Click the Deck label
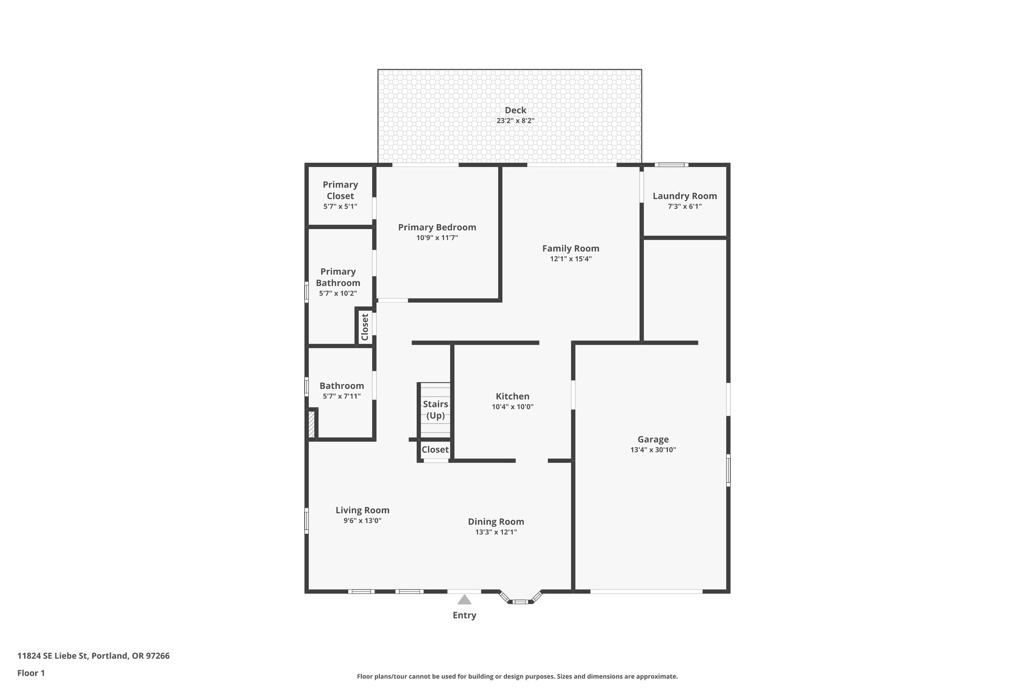tap(515, 110)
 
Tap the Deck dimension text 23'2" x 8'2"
tap(515, 121)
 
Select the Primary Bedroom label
tap(437, 227)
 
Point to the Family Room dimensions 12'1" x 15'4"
tap(571, 259)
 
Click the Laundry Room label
tap(684, 196)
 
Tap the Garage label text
tap(653, 440)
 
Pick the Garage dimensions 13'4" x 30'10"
tap(653, 450)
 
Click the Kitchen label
tap(512, 396)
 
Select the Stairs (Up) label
tap(436, 410)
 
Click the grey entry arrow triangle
tap(464, 600)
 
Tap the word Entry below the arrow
tap(464, 615)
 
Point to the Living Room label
tap(362, 511)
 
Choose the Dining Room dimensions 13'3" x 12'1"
tap(496, 532)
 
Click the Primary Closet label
tap(340, 190)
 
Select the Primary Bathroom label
tap(338, 277)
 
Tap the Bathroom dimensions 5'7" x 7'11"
tap(342, 396)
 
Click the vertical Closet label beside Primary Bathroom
tap(365, 328)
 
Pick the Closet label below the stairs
tap(435, 450)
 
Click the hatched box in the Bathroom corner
tap(312, 424)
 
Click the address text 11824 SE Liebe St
tap(53, 656)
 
